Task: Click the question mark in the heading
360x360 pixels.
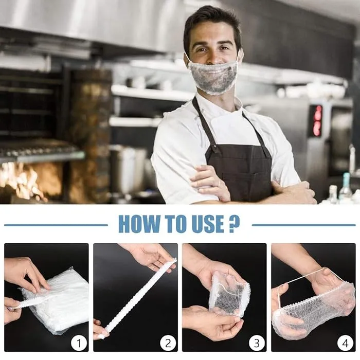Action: (x=234, y=224)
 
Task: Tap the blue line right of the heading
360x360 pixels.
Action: (x=303, y=225)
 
